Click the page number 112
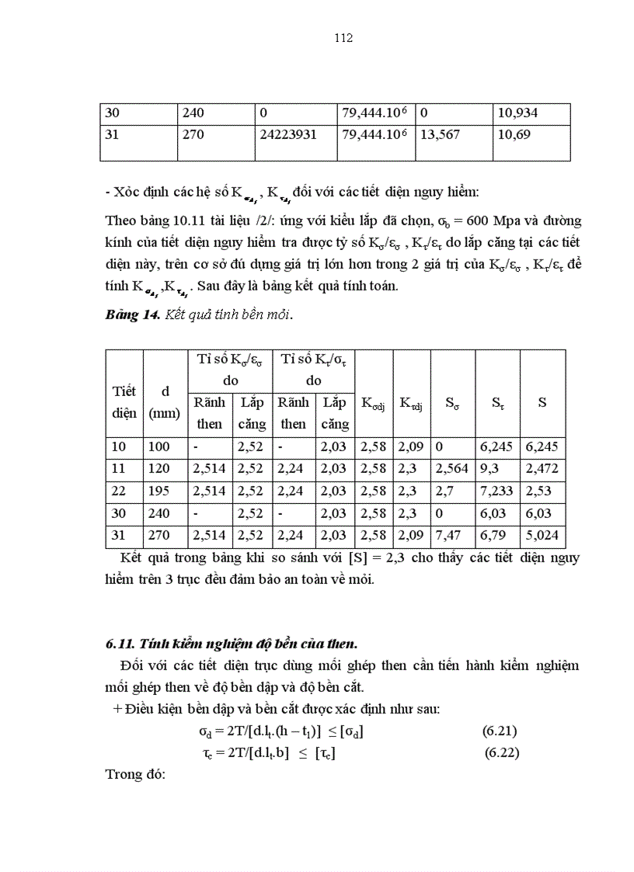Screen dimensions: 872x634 (x=343, y=38)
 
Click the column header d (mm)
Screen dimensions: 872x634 (x=164, y=402)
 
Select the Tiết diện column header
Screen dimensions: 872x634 (x=124, y=402)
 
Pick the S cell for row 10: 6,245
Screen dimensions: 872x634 (x=542, y=447)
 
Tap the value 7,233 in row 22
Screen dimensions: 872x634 (x=495, y=492)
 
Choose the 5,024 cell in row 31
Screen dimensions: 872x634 (x=542, y=536)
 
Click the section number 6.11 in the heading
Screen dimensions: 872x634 (x=120, y=643)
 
